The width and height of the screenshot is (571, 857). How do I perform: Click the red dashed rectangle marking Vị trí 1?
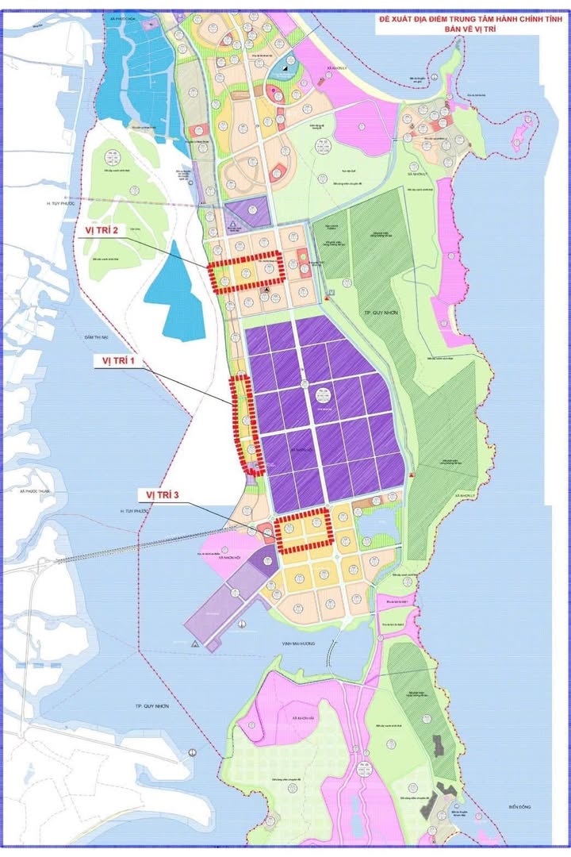(x=247, y=425)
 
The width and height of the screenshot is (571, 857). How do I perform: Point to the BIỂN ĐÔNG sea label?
(x=524, y=807)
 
